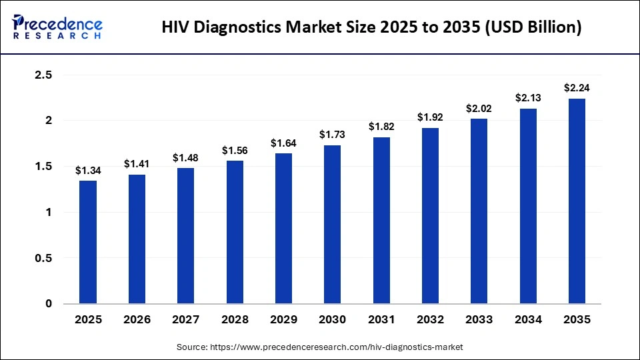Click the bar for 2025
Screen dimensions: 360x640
[x=88, y=242]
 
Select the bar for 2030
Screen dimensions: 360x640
[x=333, y=225]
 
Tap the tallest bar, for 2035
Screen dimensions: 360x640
[x=577, y=201]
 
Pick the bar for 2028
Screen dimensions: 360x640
[x=235, y=232]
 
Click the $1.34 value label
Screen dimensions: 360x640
[x=88, y=171]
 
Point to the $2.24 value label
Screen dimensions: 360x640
[x=577, y=88]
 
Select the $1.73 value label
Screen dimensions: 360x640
[x=333, y=135]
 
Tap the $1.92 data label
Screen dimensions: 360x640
[x=430, y=117]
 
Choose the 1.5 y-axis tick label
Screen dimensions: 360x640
[x=43, y=167]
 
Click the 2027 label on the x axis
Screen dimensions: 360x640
[x=186, y=320]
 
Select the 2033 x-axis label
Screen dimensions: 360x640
[x=479, y=320]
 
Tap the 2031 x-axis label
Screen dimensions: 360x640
[x=381, y=320]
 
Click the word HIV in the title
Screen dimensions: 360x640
[x=177, y=27]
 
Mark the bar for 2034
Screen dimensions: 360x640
[x=528, y=206]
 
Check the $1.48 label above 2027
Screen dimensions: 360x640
[x=186, y=158]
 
